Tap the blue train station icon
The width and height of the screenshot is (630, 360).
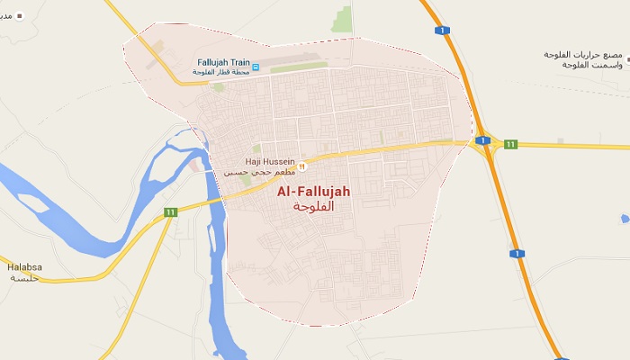(255, 67)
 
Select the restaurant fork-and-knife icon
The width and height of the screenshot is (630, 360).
(302, 166)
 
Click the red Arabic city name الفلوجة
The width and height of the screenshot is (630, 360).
(314, 206)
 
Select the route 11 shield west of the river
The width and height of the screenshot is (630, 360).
(170, 211)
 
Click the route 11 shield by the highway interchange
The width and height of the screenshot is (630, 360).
(510, 144)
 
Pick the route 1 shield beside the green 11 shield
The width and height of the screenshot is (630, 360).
(483, 140)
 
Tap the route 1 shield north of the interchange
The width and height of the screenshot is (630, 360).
(442, 31)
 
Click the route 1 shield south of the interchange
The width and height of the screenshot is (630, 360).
(517, 254)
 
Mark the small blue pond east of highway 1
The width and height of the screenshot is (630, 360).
(625, 218)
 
